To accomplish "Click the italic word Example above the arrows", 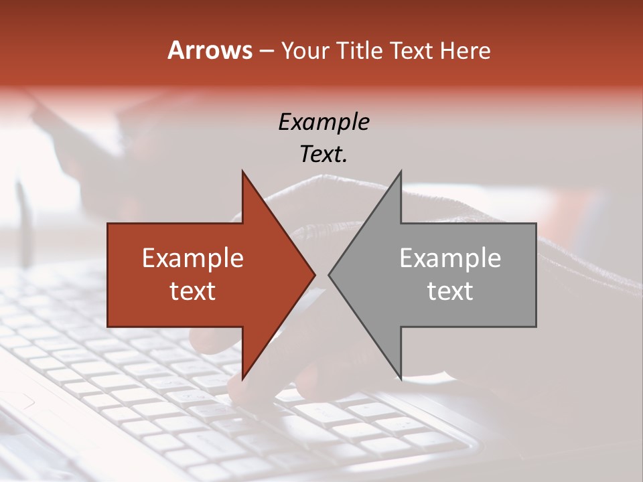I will [324, 122].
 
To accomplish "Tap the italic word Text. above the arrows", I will [324, 154].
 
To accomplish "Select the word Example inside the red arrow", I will [193, 258].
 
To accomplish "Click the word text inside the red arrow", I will [193, 291].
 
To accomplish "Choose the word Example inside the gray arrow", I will [450, 258].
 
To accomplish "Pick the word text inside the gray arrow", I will [450, 291].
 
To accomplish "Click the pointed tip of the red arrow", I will [314, 274].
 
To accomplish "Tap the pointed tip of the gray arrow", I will [330, 274].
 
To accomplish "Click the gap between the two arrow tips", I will [321, 274].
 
